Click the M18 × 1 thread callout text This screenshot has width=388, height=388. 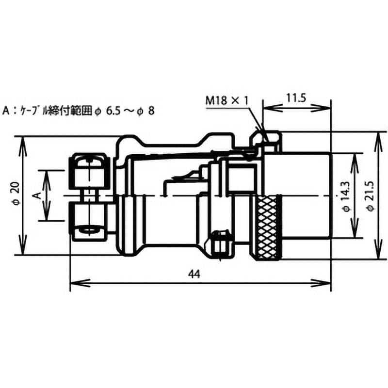(x=226, y=100)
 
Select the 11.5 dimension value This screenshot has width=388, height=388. (x=295, y=97)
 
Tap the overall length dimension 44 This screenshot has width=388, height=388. (x=194, y=274)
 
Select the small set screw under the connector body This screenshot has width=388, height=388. (x=221, y=242)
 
